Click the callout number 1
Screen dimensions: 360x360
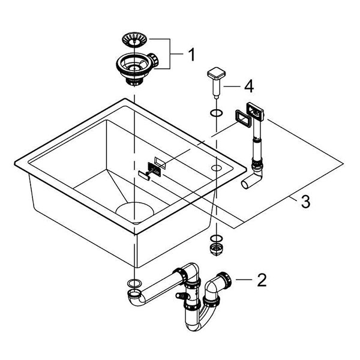click(x=191, y=55)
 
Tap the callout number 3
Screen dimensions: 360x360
click(x=305, y=202)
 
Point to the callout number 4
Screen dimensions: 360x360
click(x=247, y=87)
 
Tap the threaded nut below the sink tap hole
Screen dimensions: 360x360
click(x=215, y=247)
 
